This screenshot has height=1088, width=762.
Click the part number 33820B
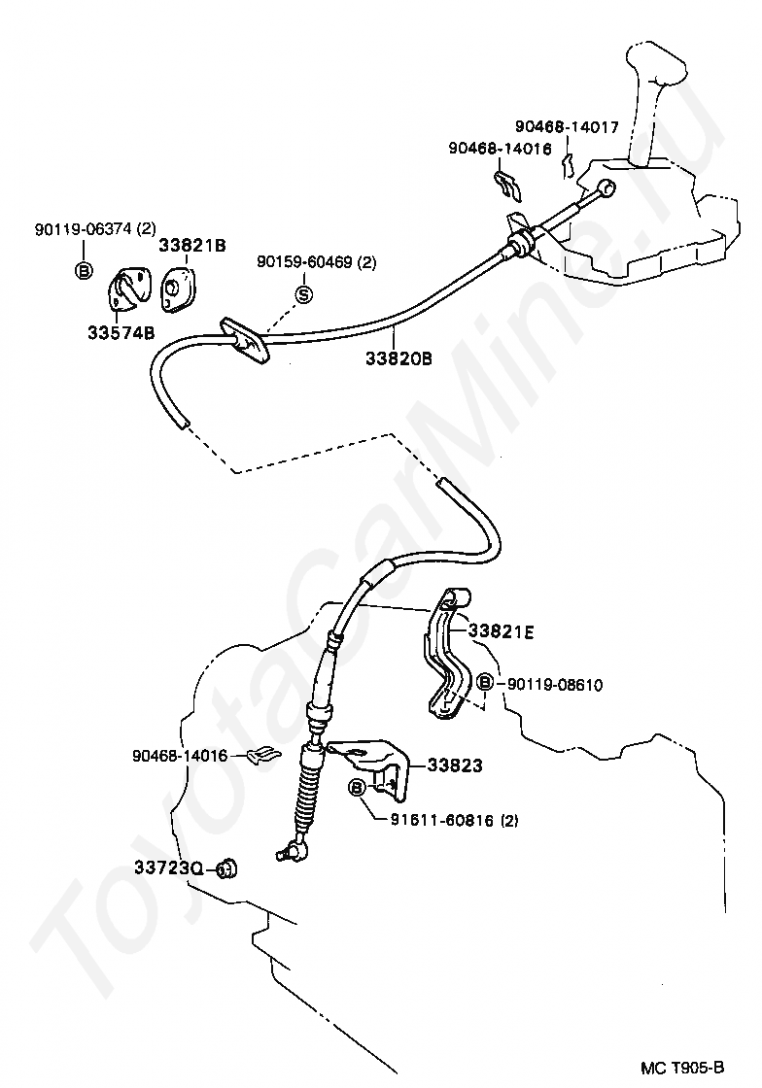tap(398, 357)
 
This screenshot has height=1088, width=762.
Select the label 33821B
tap(192, 246)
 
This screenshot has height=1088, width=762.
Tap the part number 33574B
tap(121, 333)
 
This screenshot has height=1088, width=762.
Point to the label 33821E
tap(502, 631)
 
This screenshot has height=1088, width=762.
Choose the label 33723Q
tap(168, 868)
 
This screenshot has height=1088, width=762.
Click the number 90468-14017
tap(567, 126)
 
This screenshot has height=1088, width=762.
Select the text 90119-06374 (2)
tap(94, 229)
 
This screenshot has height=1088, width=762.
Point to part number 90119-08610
tap(554, 685)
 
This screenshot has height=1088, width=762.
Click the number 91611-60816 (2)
tap(455, 820)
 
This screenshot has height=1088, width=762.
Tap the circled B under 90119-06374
tap(84, 270)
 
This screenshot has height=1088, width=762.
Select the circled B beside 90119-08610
tap(484, 684)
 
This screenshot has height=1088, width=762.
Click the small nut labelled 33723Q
tap(227, 867)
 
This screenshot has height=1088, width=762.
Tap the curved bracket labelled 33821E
tap(446, 661)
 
